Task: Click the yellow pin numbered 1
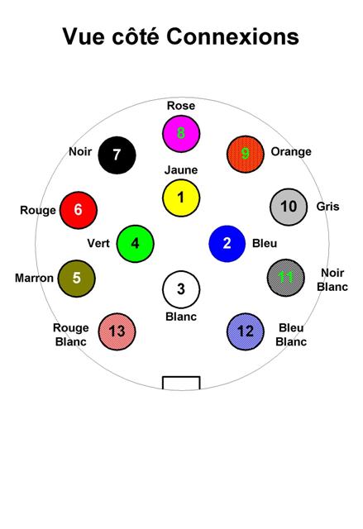[x=181, y=198]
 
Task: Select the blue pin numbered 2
[x=227, y=243]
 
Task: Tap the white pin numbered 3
[x=181, y=289]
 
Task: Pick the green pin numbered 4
[x=136, y=243]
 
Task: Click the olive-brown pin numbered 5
[x=77, y=279]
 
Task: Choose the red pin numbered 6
[x=79, y=210]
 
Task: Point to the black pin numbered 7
[x=117, y=155]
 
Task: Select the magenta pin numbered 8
[x=181, y=133]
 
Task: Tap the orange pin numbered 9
[x=246, y=154]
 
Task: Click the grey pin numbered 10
[x=289, y=207]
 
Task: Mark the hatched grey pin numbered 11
[x=286, y=278]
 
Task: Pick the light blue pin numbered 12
[x=246, y=331]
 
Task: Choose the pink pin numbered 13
[x=117, y=331]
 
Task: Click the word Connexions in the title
[x=233, y=36]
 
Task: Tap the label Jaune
[x=181, y=169]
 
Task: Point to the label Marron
[x=34, y=278]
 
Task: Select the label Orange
[x=291, y=152]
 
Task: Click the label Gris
[x=327, y=206]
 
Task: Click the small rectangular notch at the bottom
[x=181, y=383]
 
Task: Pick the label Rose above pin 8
[x=181, y=106]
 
